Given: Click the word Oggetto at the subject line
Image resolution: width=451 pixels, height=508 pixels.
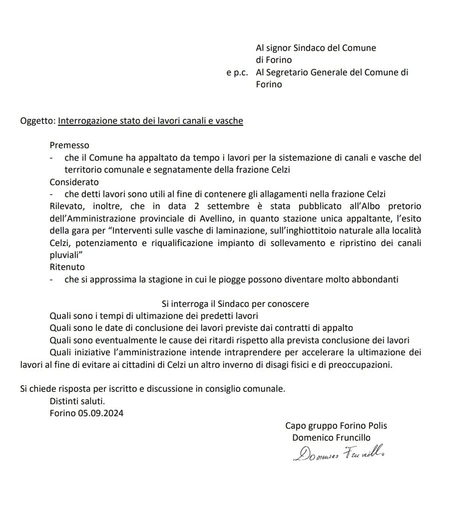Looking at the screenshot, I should coord(37,121).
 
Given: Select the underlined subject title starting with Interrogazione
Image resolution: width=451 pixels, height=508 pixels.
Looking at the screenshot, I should coord(150,121).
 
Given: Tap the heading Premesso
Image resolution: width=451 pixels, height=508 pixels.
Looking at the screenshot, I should coord(69,145).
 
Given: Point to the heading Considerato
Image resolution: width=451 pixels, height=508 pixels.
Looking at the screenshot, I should coord(74,182).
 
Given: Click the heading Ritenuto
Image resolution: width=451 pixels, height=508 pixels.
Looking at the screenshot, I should coord(67,267).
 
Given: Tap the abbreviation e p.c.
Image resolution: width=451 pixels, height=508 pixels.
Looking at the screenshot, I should coord(237,72).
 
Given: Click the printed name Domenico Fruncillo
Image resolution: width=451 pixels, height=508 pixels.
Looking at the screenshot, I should coord(331,438).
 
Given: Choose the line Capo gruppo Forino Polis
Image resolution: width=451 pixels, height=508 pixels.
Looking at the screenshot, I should coord(336,426).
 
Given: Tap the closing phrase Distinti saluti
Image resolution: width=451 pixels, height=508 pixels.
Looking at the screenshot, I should coord(77,401).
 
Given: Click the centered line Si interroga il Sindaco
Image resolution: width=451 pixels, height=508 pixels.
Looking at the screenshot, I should coord(235,303).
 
